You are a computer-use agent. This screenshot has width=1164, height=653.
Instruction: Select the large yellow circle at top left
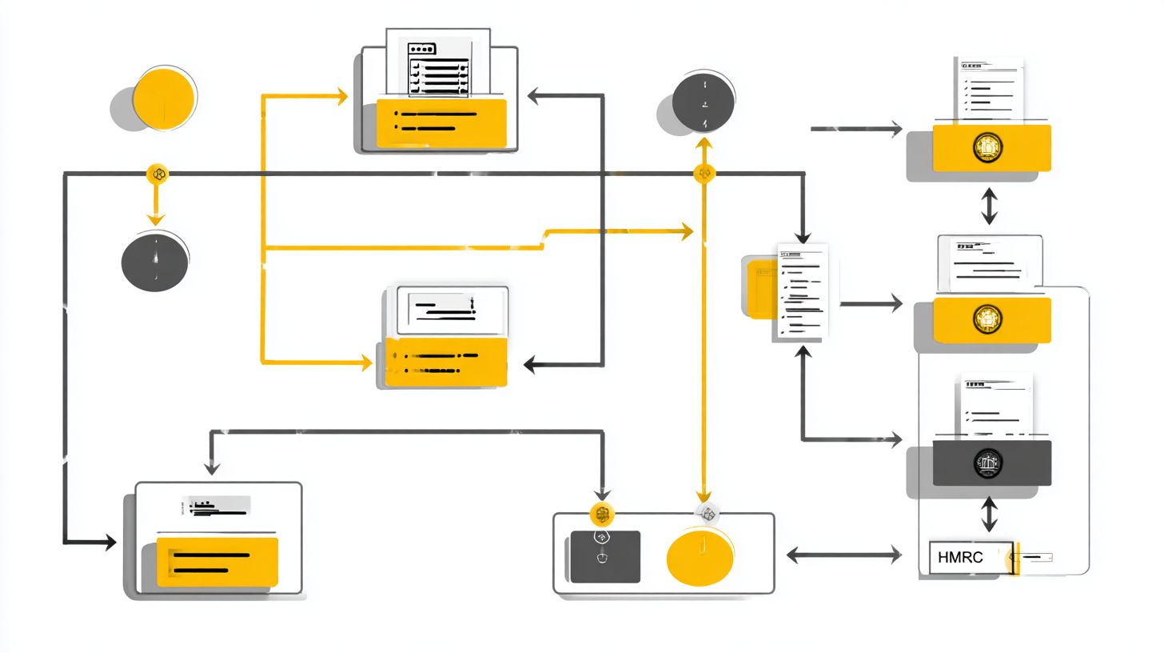tap(164, 99)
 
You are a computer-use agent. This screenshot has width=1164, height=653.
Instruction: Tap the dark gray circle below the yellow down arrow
tap(155, 262)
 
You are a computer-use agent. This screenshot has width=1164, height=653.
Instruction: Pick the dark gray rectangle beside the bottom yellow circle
tap(605, 557)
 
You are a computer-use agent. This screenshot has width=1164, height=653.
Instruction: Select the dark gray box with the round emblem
tap(991, 463)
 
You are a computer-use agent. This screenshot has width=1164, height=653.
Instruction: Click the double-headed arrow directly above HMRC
tap(990, 514)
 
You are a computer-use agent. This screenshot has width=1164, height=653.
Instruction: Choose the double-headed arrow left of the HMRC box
tap(844, 555)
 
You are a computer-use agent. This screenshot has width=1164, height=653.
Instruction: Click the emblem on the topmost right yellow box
tap(989, 147)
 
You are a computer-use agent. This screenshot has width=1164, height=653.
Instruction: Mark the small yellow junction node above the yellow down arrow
tap(157, 174)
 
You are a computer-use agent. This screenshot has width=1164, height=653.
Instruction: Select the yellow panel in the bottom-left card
tap(217, 562)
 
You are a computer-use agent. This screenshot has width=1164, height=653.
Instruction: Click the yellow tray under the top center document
tap(442, 122)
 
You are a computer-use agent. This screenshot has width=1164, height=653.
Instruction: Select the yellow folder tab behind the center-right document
tap(759, 288)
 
